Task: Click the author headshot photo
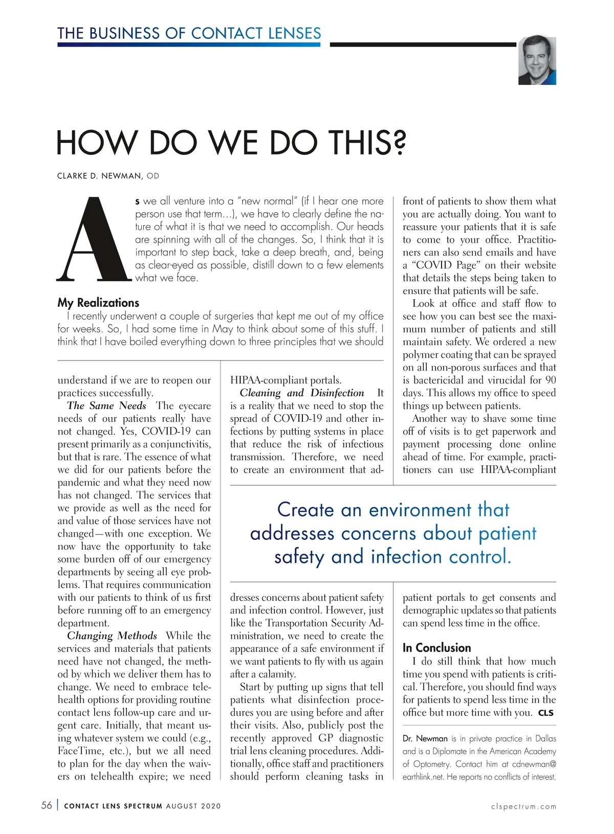[x=537, y=60]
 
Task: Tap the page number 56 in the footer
[x=47, y=805]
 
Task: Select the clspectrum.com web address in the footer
[x=523, y=806]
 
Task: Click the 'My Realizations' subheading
[x=98, y=303]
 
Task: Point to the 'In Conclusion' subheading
[x=436, y=647]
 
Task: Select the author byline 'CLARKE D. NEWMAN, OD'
[x=108, y=176]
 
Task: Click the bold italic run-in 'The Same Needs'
[x=106, y=405]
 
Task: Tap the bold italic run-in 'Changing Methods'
[x=112, y=636]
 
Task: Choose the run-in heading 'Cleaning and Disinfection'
[x=302, y=393]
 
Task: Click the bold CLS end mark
[x=545, y=713]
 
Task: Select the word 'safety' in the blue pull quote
[x=299, y=557]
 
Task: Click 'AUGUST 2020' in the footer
[x=193, y=806]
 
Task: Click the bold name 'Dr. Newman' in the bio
[x=425, y=738]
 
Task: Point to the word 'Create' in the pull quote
[x=305, y=510]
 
